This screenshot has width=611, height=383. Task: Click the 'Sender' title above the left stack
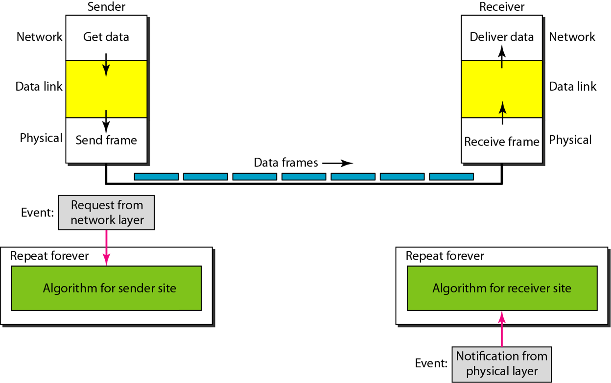coord(106,6)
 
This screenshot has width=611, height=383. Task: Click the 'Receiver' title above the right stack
coord(502,6)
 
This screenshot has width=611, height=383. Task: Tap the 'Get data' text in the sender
coord(106,37)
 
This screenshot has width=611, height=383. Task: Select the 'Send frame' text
coord(106,140)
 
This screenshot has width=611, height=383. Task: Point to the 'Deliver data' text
coord(502,37)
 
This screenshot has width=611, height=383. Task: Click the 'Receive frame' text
coord(502,142)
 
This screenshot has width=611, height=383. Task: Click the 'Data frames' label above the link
coord(286,163)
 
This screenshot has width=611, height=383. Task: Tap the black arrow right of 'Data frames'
coord(338,164)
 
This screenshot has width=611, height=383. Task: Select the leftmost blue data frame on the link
coord(156,176)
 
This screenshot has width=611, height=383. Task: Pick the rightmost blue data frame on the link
coord(451,176)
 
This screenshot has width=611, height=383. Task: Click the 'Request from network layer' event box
coord(106,213)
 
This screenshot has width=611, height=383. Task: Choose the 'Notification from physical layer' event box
coord(502,364)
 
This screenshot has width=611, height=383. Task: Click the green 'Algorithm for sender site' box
coord(106,288)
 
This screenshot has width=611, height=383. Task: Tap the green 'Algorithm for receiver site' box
coord(502,288)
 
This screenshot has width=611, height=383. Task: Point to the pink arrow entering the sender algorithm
coord(106,248)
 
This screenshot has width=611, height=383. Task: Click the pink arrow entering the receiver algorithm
coord(502,329)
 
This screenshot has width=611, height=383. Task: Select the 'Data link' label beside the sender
coord(39,87)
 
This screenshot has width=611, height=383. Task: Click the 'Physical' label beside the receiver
coord(570,140)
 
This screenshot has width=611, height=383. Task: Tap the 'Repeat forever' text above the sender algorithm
coord(49,256)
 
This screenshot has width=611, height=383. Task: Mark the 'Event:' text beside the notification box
coord(431,363)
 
